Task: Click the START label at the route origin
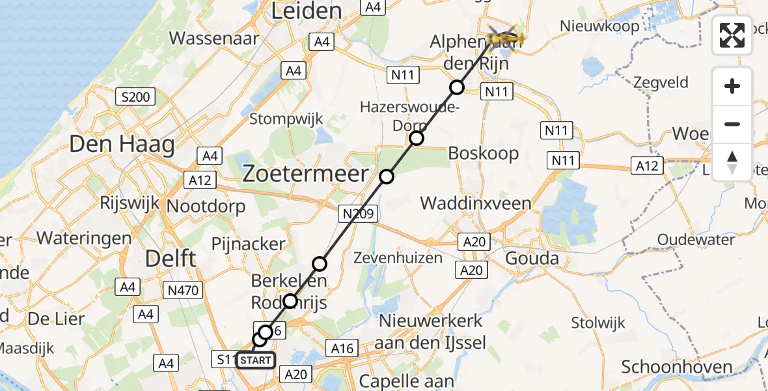[256, 360]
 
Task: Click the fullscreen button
[732, 35]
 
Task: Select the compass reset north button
[732, 162]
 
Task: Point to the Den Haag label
[122, 144]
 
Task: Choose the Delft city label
[171, 258]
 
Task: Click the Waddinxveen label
[476, 203]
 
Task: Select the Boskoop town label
[484, 154]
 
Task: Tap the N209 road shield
[357, 213]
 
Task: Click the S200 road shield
[135, 98]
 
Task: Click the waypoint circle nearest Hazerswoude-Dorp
[417, 138]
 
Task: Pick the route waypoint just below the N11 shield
[458, 87]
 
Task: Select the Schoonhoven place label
[677, 367]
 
